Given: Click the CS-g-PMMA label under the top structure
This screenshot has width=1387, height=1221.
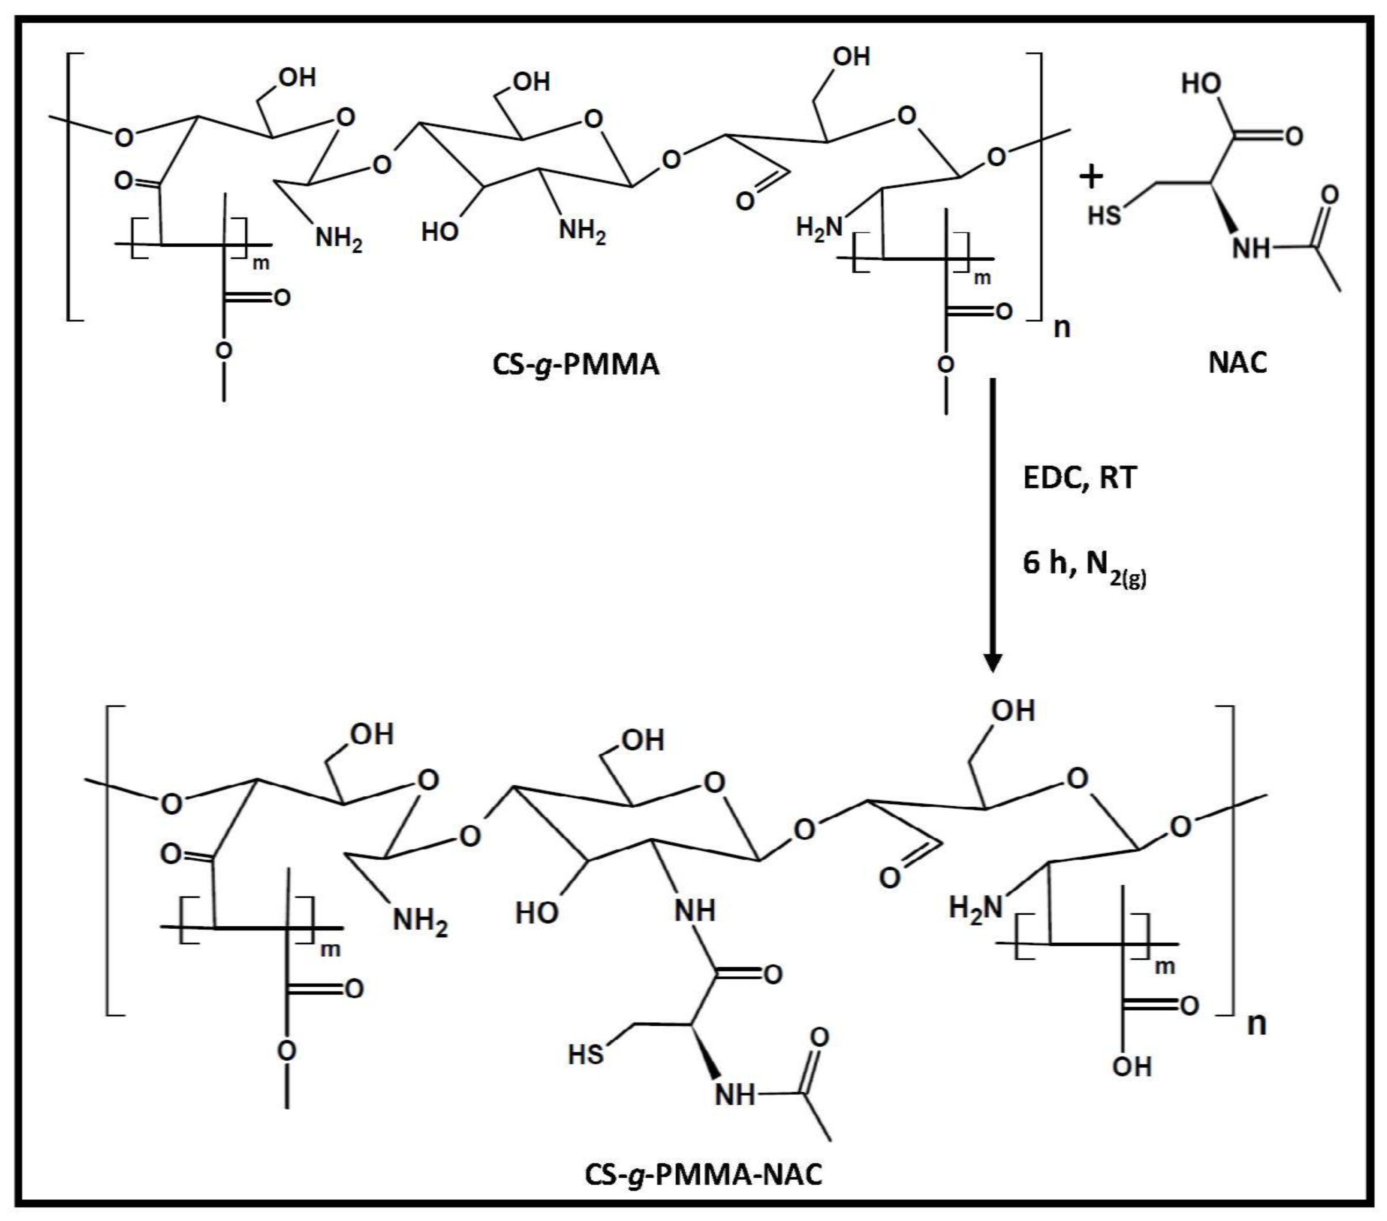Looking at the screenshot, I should tap(576, 364).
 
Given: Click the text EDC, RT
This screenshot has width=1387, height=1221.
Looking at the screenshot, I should tap(1079, 478).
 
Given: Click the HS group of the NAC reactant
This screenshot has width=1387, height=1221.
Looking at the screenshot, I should tap(1104, 216).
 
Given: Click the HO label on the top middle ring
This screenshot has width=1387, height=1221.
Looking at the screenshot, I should tap(440, 232).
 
